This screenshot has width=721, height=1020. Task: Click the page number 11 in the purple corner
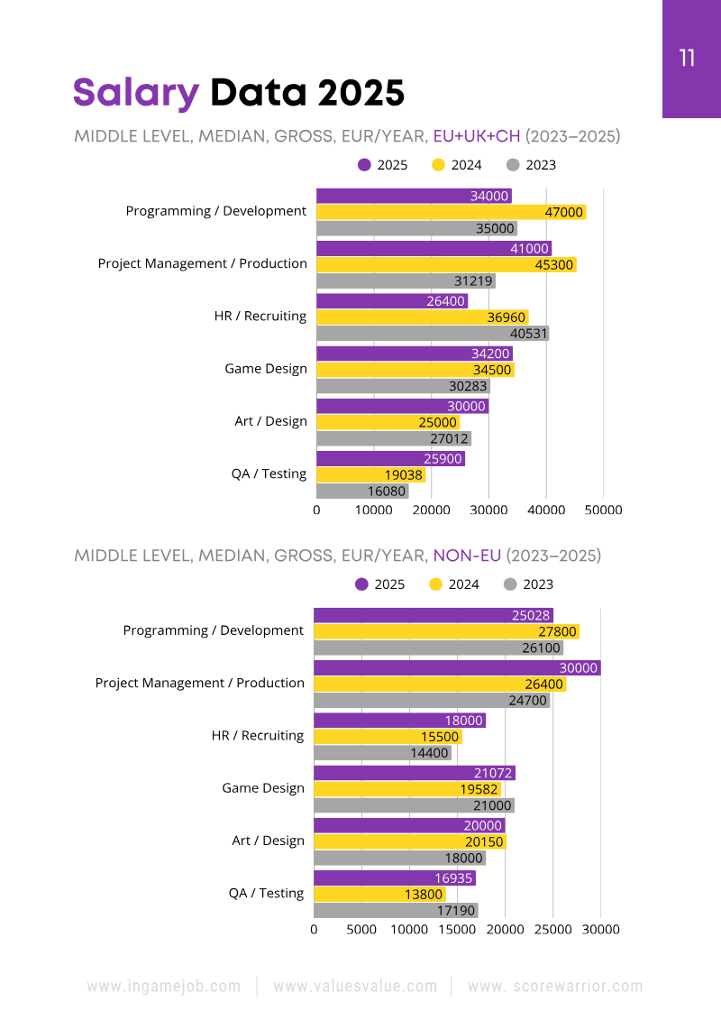(x=687, y=59)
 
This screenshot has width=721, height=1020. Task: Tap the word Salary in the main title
(x=135, y=93)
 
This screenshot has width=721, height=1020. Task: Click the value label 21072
(x=493, y=773)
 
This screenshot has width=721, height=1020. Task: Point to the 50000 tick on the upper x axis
(x=604, y=510)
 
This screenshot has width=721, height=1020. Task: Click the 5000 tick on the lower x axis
(x=361, y=929)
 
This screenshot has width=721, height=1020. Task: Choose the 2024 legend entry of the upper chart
(x=457, y=165)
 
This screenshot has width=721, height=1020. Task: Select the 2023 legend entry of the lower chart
(x=529, y=584)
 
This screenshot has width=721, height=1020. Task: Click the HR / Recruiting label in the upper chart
(x=260, y=317)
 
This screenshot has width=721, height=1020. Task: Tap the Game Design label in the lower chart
(x=263, y=788)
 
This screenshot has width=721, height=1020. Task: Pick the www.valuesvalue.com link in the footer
(x=355, y=987)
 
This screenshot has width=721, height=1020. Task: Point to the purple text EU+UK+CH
(x=477, y=137)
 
